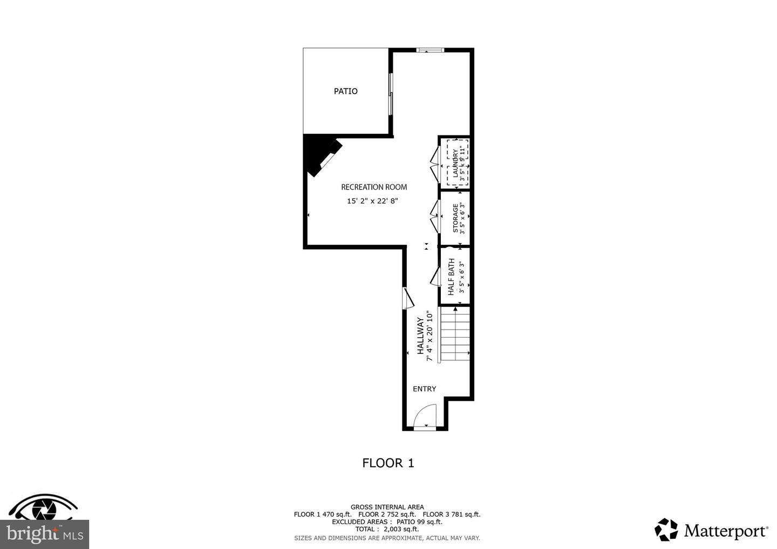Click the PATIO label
(x=345, y=91)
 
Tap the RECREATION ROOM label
(x=374, y=187)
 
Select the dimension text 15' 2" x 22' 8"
(x=372, y=201)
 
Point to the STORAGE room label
(x=455, y=218)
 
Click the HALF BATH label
(x=451, y=277)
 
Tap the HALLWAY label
(x=420, y=336)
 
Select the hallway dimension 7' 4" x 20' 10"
(x=430, y=335)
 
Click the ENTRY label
(x=424, y=389)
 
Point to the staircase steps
(x=455, y=334)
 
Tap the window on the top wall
(x=430, y=50)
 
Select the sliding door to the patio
(x=391, y=94)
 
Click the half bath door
(x=435, y=277)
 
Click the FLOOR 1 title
(x=388, y=463)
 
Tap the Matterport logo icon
(x=666, y=530)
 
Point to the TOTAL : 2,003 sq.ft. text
(x=387, y=530)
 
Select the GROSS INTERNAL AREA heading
(x=387, y=507)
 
